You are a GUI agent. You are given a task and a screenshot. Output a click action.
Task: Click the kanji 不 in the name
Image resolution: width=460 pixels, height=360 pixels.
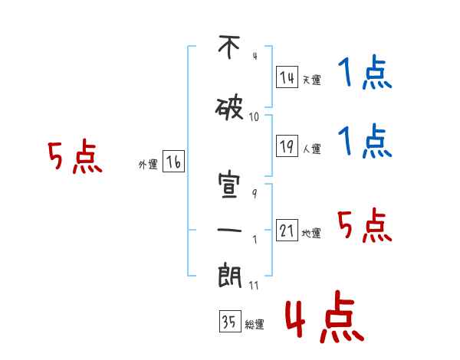click(229, 47)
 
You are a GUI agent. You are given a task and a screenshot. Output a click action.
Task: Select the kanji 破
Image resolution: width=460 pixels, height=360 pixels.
click(229, 109)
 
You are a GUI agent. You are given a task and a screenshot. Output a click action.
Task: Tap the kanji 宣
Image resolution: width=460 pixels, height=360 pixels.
click(229, 185)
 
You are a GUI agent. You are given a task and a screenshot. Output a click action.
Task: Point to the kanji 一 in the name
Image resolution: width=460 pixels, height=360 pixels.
click(229, 230)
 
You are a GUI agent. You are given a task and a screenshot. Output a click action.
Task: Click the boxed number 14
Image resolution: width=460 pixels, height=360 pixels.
click(287, 77)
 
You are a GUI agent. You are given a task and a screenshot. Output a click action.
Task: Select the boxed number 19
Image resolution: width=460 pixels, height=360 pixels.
click(287, 146)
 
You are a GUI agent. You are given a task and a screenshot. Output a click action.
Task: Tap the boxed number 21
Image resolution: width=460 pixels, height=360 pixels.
click(287, 230)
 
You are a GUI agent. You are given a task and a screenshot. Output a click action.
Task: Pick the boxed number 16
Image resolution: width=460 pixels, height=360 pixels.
click(173, 162)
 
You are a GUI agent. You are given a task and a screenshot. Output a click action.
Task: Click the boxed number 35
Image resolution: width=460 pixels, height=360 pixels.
click(230, 321)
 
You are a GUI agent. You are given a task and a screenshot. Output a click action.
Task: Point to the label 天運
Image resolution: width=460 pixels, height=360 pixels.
click(312, 80)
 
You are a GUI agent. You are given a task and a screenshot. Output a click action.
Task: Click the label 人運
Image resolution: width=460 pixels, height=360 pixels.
click(312, 149)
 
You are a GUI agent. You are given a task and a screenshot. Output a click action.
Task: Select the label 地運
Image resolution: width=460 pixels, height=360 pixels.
click(311, 233)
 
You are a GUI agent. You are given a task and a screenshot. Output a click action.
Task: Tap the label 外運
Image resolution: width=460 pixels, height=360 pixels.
click(148, 165)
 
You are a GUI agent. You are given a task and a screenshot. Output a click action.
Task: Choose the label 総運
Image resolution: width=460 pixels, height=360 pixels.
click(255, 324)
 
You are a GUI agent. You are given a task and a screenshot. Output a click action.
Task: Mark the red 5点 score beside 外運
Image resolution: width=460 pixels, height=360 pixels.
click(75, 156)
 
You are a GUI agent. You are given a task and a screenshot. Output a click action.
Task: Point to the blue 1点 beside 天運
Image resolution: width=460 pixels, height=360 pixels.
click(365, 72)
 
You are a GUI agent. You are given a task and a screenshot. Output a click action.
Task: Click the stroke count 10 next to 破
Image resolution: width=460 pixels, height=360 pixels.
click(254, 117)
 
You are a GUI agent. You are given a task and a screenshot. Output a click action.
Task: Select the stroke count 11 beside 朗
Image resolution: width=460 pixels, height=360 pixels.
click(254, 285)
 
